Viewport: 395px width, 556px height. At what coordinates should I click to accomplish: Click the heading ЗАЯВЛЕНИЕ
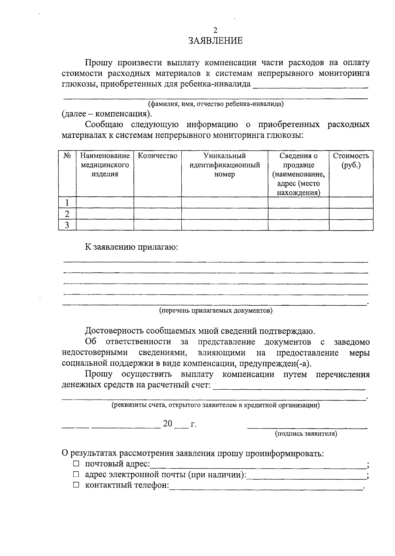click(216, 41)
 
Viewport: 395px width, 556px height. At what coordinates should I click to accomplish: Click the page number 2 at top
click(216, 31)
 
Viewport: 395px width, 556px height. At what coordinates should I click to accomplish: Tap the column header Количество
click(157, 156)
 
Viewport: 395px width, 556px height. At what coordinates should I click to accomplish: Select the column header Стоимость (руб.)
click(351, 160)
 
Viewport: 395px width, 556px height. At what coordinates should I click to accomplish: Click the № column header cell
click(67, 156)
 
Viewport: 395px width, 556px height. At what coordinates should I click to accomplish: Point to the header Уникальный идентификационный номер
click(224, 165)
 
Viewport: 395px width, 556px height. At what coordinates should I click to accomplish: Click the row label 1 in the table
click(67, 203)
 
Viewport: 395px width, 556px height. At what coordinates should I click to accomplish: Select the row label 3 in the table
click(67, 225)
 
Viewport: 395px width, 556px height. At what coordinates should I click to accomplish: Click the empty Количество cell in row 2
click(157, 214)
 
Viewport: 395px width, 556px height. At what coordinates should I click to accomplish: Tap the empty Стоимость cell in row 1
click(351, 203)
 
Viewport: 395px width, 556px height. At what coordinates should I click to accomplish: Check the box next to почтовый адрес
click(76, 464)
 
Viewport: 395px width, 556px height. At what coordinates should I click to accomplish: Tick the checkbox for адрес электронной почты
click(76, 475)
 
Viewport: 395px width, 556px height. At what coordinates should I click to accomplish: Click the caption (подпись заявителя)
click(306, 434)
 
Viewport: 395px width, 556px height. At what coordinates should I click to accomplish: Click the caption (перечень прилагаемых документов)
click(216, 311)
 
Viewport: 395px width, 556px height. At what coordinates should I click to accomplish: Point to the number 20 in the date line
click(168, 424)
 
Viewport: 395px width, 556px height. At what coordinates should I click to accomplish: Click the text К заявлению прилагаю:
click(131, 247)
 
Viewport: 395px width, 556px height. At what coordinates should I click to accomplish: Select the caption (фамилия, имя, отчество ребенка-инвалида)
click(216, 104)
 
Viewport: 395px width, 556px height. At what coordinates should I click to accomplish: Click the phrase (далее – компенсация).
click(107, 114)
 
